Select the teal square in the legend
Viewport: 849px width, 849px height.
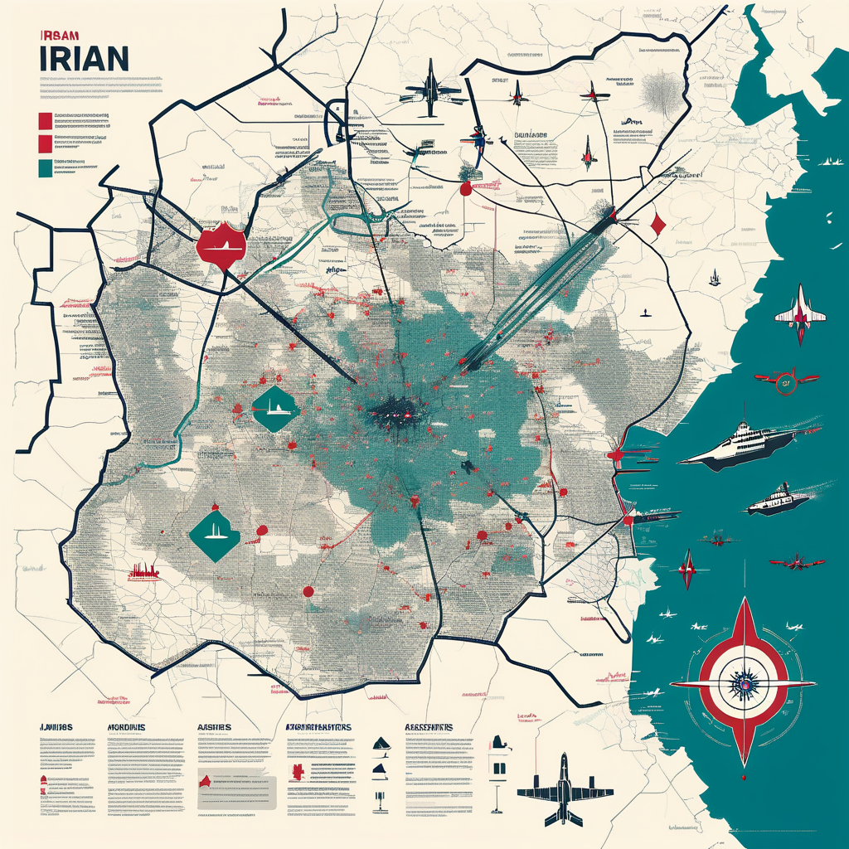point(45,167)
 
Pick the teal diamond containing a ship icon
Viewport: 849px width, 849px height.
point(272,407)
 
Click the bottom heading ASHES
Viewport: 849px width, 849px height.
point(214,727)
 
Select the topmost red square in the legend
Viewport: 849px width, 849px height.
point(45,122)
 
